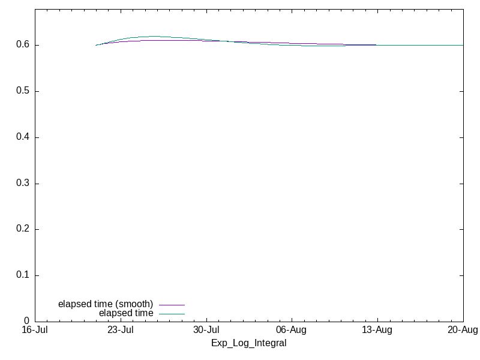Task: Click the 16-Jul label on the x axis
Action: [35, 330]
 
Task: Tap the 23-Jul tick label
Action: [121, 330]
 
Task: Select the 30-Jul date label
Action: [206, 330]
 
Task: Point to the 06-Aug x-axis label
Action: [291, 330]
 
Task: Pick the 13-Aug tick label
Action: [377, 330]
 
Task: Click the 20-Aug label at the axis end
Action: [463, 330]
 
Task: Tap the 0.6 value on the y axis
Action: [23, 44]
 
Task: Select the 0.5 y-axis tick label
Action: [23, 91]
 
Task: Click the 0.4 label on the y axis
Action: [23, 137]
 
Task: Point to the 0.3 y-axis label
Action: [23, 183]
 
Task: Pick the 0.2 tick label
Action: [23, 229]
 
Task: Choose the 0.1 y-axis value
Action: [23, 275]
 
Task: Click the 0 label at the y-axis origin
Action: [26, 321]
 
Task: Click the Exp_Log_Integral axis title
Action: [249, 343]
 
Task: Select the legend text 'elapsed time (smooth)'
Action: [106, 304]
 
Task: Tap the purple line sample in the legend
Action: [172, 305]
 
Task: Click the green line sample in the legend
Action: [172, 314]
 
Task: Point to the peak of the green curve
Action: [155, 36]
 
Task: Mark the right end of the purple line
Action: [376, 44]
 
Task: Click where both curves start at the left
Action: [96, 46]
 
